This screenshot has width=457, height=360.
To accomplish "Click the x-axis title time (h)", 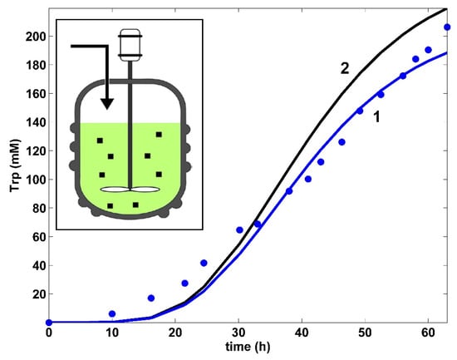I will tap(248, 346).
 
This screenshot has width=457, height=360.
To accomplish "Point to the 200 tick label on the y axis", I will tap(31, 37).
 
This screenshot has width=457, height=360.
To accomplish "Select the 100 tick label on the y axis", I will tap(31, 180).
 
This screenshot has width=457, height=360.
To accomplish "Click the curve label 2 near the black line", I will tap(344, 69).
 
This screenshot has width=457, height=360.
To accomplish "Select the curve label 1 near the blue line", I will tap(376, 118).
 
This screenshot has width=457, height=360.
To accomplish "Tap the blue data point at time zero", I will tap(49, 322).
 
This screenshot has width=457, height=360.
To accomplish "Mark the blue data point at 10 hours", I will tap(112, 313).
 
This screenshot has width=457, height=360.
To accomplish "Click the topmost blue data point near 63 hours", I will tap(447, 27).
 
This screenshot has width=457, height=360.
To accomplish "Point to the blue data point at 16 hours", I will tap(150, 298).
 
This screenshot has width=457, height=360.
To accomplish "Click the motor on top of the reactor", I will tap(129, 44).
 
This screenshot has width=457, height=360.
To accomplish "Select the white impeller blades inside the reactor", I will tap(129, 189).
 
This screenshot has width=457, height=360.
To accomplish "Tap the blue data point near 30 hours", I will tap(239, 229).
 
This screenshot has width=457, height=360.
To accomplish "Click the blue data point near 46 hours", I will tap(342, 142).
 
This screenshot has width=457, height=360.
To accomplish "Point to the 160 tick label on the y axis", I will tap(31, 94).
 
